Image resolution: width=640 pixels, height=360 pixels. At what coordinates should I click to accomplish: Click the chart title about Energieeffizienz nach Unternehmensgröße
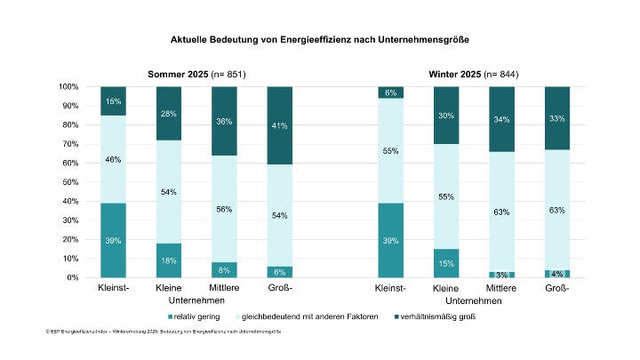coord(319,40)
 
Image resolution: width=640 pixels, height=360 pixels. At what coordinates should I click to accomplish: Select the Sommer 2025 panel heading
coord(196,74)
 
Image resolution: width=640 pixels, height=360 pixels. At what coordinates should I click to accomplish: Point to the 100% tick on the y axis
coord(68,87)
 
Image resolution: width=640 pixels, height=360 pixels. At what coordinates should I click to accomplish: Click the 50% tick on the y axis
coord(70,182)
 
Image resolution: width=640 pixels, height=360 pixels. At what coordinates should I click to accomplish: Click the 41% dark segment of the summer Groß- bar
coord(280,125)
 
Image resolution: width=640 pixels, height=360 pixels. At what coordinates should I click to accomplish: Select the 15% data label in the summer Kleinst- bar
coord(114,101)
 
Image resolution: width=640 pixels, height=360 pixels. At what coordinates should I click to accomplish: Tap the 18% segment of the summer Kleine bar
coord(169,260)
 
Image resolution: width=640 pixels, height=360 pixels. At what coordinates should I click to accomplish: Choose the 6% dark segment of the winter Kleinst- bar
coord(392,92)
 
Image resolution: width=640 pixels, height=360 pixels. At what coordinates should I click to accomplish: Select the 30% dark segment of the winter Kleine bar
coord(447,116)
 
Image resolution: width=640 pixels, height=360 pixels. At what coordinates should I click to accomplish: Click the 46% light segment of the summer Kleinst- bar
coord(114,159)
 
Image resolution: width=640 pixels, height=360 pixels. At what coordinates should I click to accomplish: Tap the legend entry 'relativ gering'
coord(194,316)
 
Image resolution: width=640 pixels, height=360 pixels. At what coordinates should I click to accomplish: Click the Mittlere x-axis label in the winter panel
coord(502,290)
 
